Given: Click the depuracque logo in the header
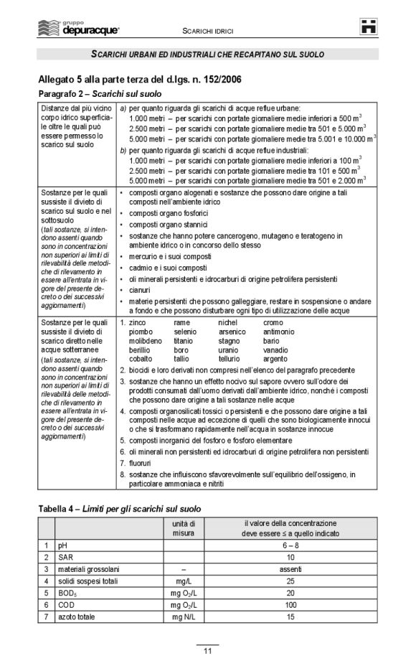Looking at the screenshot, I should click(78, 29).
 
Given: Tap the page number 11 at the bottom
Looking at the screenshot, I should click(207, 651).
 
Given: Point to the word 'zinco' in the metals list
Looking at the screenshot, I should click(137, 323).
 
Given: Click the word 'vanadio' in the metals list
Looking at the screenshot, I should click(275, 349).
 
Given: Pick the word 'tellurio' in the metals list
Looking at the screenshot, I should click(230, 358).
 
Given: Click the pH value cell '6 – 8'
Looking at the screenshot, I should click(290, 545).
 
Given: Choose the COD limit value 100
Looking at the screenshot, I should click(290, 605).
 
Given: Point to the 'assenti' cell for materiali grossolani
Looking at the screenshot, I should click(290, 569).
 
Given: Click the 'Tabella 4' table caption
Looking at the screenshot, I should click(119, 508).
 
